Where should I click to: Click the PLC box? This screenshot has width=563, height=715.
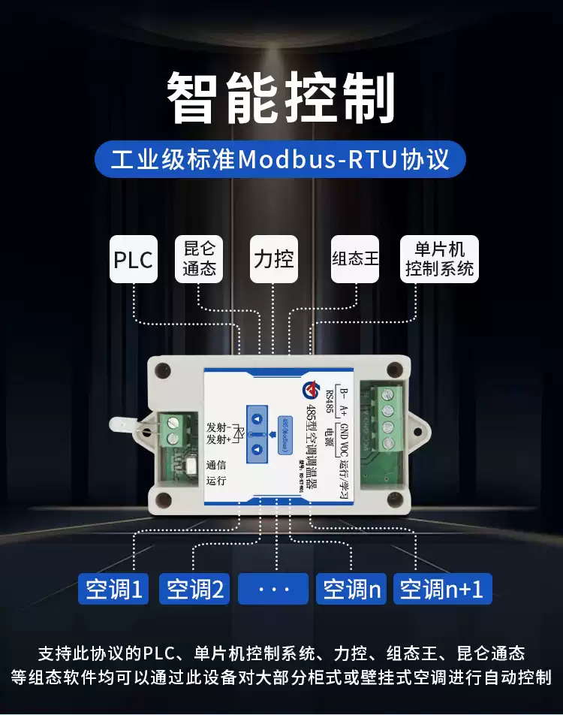tap(134, 260)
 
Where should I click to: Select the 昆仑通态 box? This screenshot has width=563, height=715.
tap(199, 259)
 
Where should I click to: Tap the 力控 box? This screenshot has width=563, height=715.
tap(273, 260)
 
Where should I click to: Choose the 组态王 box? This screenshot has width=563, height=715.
tap(355, 260)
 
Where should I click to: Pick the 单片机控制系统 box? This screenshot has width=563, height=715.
tap(440, 259)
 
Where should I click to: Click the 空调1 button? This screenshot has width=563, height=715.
tap(114, 590)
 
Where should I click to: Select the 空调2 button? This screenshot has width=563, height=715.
tap(195, 590)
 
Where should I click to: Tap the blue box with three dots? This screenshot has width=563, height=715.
tap(273, 590)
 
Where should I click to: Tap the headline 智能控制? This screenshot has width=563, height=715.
tap(281, 98)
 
